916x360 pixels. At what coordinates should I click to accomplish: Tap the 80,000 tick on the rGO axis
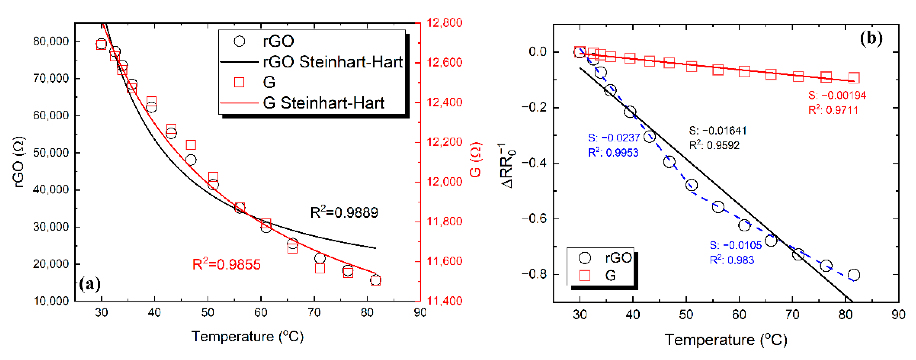pyautogui.click(x=51, y=42)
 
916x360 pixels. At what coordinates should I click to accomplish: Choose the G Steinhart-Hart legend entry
pyautogui.click(x=323, y=103)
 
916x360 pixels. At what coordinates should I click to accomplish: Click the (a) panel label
pyautogui.click(x=90, y=284)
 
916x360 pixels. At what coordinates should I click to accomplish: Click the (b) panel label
pyautogui.click(x=871, y=38)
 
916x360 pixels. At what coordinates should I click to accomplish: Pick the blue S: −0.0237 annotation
pyautogui.click(x=614, y=138)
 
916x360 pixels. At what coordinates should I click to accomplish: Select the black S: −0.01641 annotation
pyautogui.click(x=718, y=131)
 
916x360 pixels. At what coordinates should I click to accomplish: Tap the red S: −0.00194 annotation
pyautogui.click(x=837, y=95)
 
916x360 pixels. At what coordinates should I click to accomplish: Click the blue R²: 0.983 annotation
pyautogui.click(x=732, y=260)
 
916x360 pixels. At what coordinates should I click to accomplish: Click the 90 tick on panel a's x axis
pyautogui.click(x=420, y=313)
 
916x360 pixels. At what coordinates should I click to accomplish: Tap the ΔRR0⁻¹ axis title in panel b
pyautogui.click(x=508, y=165)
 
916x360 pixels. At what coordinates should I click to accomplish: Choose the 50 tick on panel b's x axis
pyautogui.click(x=686, y=315)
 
